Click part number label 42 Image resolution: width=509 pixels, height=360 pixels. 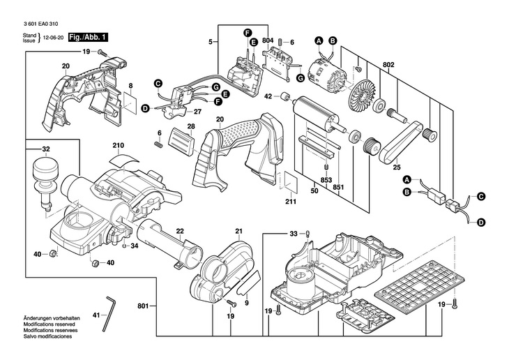pyautogui.click(x=268, y=96)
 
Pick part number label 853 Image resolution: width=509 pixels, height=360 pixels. pyautogui.click(x=326, y=180)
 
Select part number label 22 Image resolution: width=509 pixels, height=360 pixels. pyautogui.click(x=179, y=231)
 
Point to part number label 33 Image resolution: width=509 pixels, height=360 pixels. pyautogui.click(x=294, y=234)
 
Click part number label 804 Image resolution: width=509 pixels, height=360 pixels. pyautogui.click(x=268, y=42)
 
